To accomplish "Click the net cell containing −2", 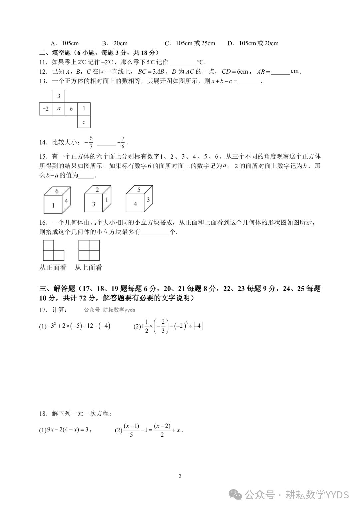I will pos(46,109).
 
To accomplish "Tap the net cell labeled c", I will pos(84,122).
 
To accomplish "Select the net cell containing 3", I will pos(59,96).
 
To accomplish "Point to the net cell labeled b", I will pos(71,109).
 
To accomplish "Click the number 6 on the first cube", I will pos(57,191).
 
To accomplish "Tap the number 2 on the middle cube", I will pos(97,190).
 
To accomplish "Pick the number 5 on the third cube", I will pos(139,190).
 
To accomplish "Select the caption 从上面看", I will pos(88,267).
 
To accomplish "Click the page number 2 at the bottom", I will pos(180,476).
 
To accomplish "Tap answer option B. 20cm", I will pos(115,43).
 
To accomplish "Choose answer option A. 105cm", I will pos(65,43).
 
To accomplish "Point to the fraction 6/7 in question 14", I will pos(91,142).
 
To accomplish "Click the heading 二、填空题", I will pos(55,53).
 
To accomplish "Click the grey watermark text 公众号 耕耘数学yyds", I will pos(110,310).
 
